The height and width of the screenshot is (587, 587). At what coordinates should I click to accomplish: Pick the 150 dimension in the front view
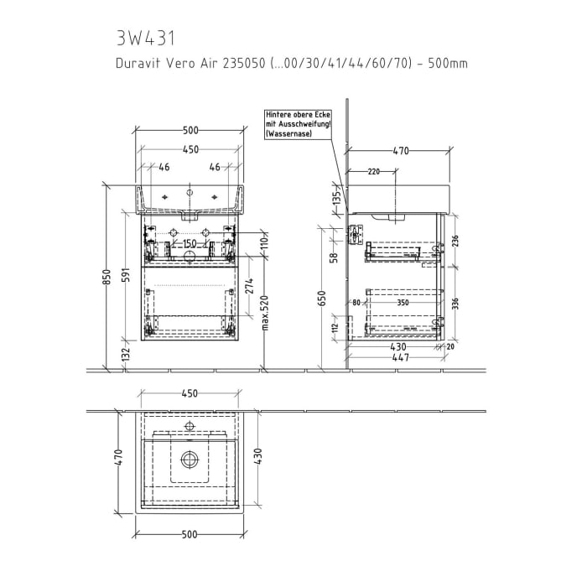click(190, 244)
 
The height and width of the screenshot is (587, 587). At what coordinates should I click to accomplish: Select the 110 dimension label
click(263, 241)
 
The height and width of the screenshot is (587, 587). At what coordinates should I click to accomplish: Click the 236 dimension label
click(455, 241)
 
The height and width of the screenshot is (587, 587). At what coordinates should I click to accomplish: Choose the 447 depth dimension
click(399, 357)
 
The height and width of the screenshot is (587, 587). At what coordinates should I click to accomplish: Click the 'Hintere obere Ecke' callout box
click(298, 122)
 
